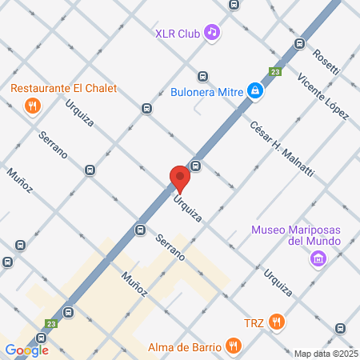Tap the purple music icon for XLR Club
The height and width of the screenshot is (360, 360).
(x=212, y=32)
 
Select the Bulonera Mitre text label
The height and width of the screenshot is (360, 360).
(x=207, y=91)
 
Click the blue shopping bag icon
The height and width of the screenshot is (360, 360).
(x=254, y=91)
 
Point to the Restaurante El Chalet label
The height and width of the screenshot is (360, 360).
(x=63, y=88)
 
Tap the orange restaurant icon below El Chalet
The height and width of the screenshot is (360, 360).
(x=32, y=105)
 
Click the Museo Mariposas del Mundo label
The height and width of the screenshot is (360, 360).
(x=296, y=235)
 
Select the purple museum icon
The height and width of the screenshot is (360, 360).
(x=318, y=258)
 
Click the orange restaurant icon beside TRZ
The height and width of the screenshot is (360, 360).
(x=277, y=322)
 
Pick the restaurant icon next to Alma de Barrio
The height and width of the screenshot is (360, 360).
(x=234, y=346)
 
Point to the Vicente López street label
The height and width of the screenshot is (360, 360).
(x=322, y=98)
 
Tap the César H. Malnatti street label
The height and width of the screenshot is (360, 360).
(x=282, y=148)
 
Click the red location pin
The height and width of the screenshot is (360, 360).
(x=180, y=178)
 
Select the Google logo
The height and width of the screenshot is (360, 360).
(x=26, y=350)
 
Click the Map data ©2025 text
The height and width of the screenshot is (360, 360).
(x=326, y=354)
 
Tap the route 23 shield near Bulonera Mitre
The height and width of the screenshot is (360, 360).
(x=275, y=71)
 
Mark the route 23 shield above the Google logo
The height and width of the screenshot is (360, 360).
(x=50, y=324)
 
